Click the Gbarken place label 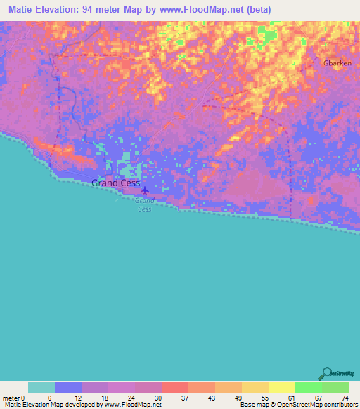(337, 63)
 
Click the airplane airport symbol (145, 190)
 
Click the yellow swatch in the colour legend (281, 387)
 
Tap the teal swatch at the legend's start (41, 387)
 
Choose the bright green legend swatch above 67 (308, 387)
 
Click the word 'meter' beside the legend (9, 398)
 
